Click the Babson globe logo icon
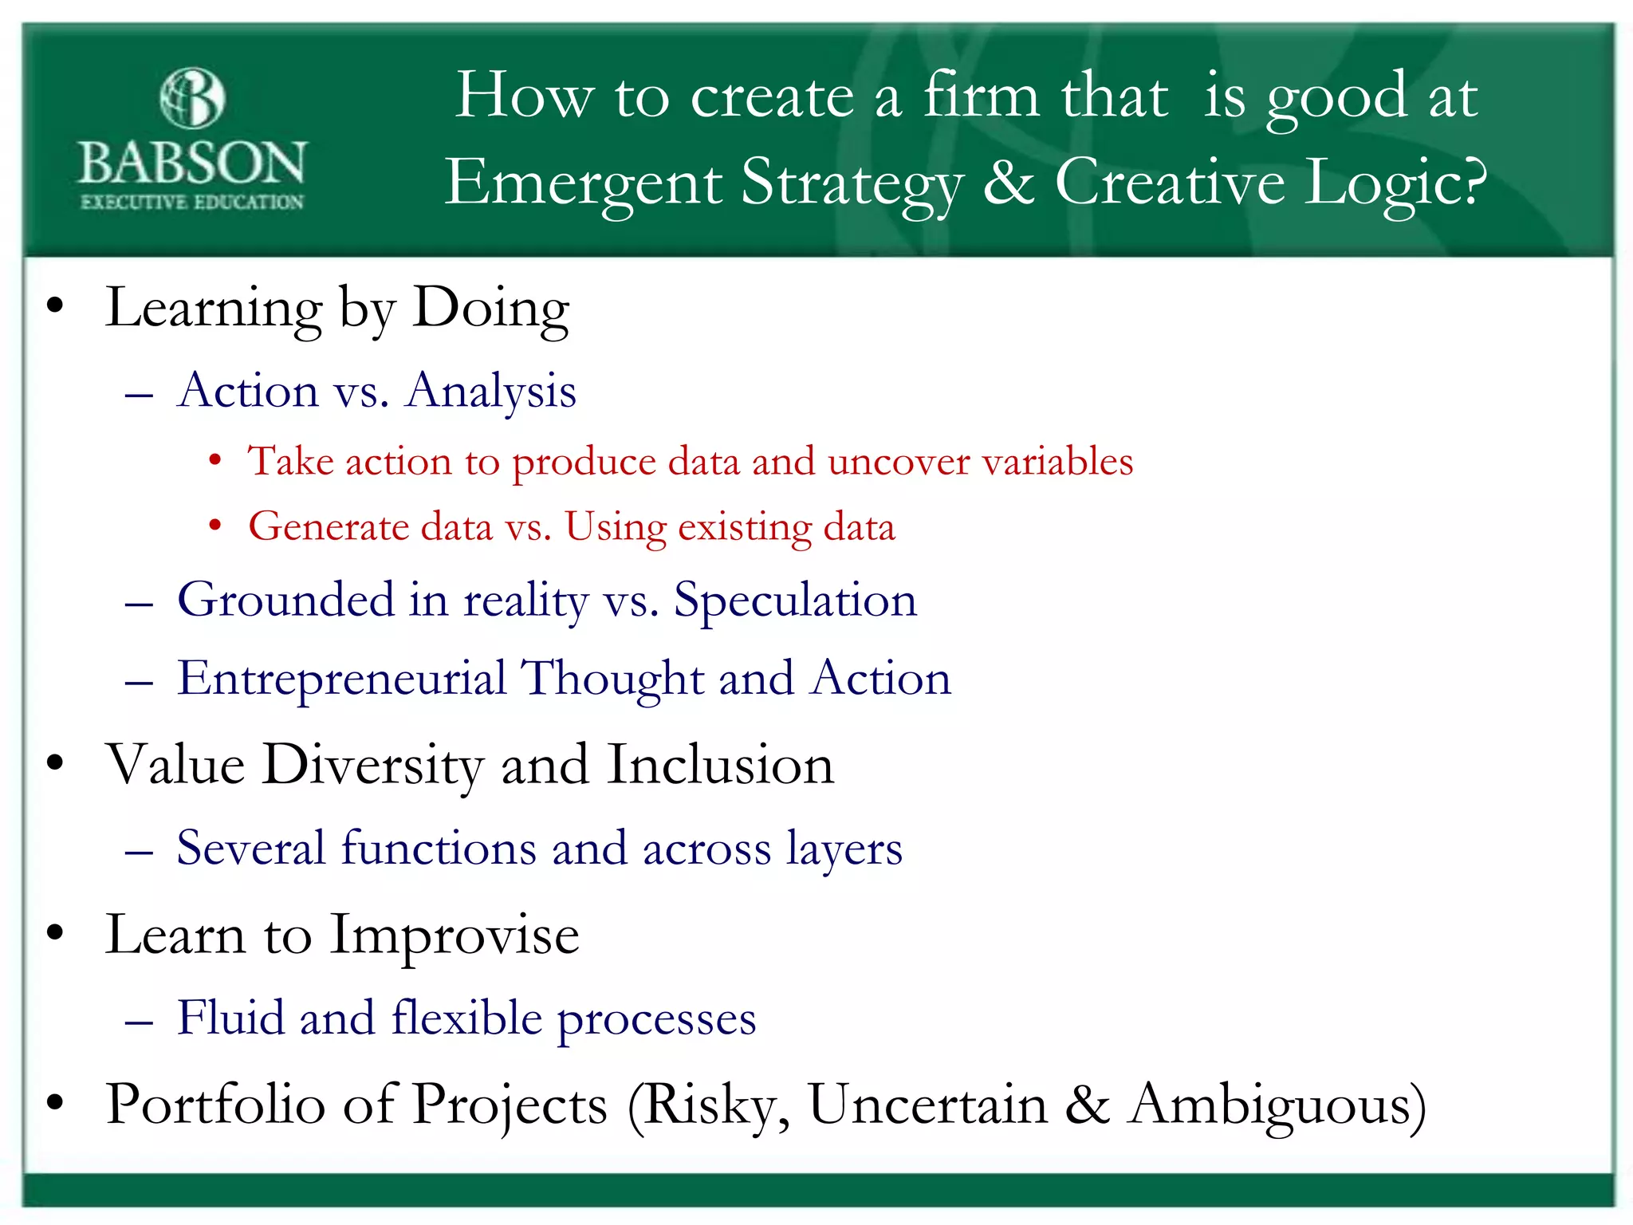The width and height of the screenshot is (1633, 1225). pos(192,98)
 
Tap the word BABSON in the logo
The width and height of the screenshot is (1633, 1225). pos(192,163)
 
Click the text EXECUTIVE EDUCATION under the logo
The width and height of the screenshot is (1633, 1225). pos(192,203)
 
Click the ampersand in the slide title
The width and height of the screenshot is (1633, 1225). pos(1009,182)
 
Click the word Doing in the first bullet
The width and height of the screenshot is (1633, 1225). pos(490,309)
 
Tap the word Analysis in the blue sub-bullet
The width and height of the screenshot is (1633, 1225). pos(491,392)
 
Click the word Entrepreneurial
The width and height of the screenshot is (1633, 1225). pos(341,679)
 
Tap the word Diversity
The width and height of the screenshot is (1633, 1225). pos(373,766)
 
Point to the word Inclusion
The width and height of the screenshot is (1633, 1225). pos(720,766)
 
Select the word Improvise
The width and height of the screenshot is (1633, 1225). pos(454,936)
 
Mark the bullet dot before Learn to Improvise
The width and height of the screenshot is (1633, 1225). pos(54,932)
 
